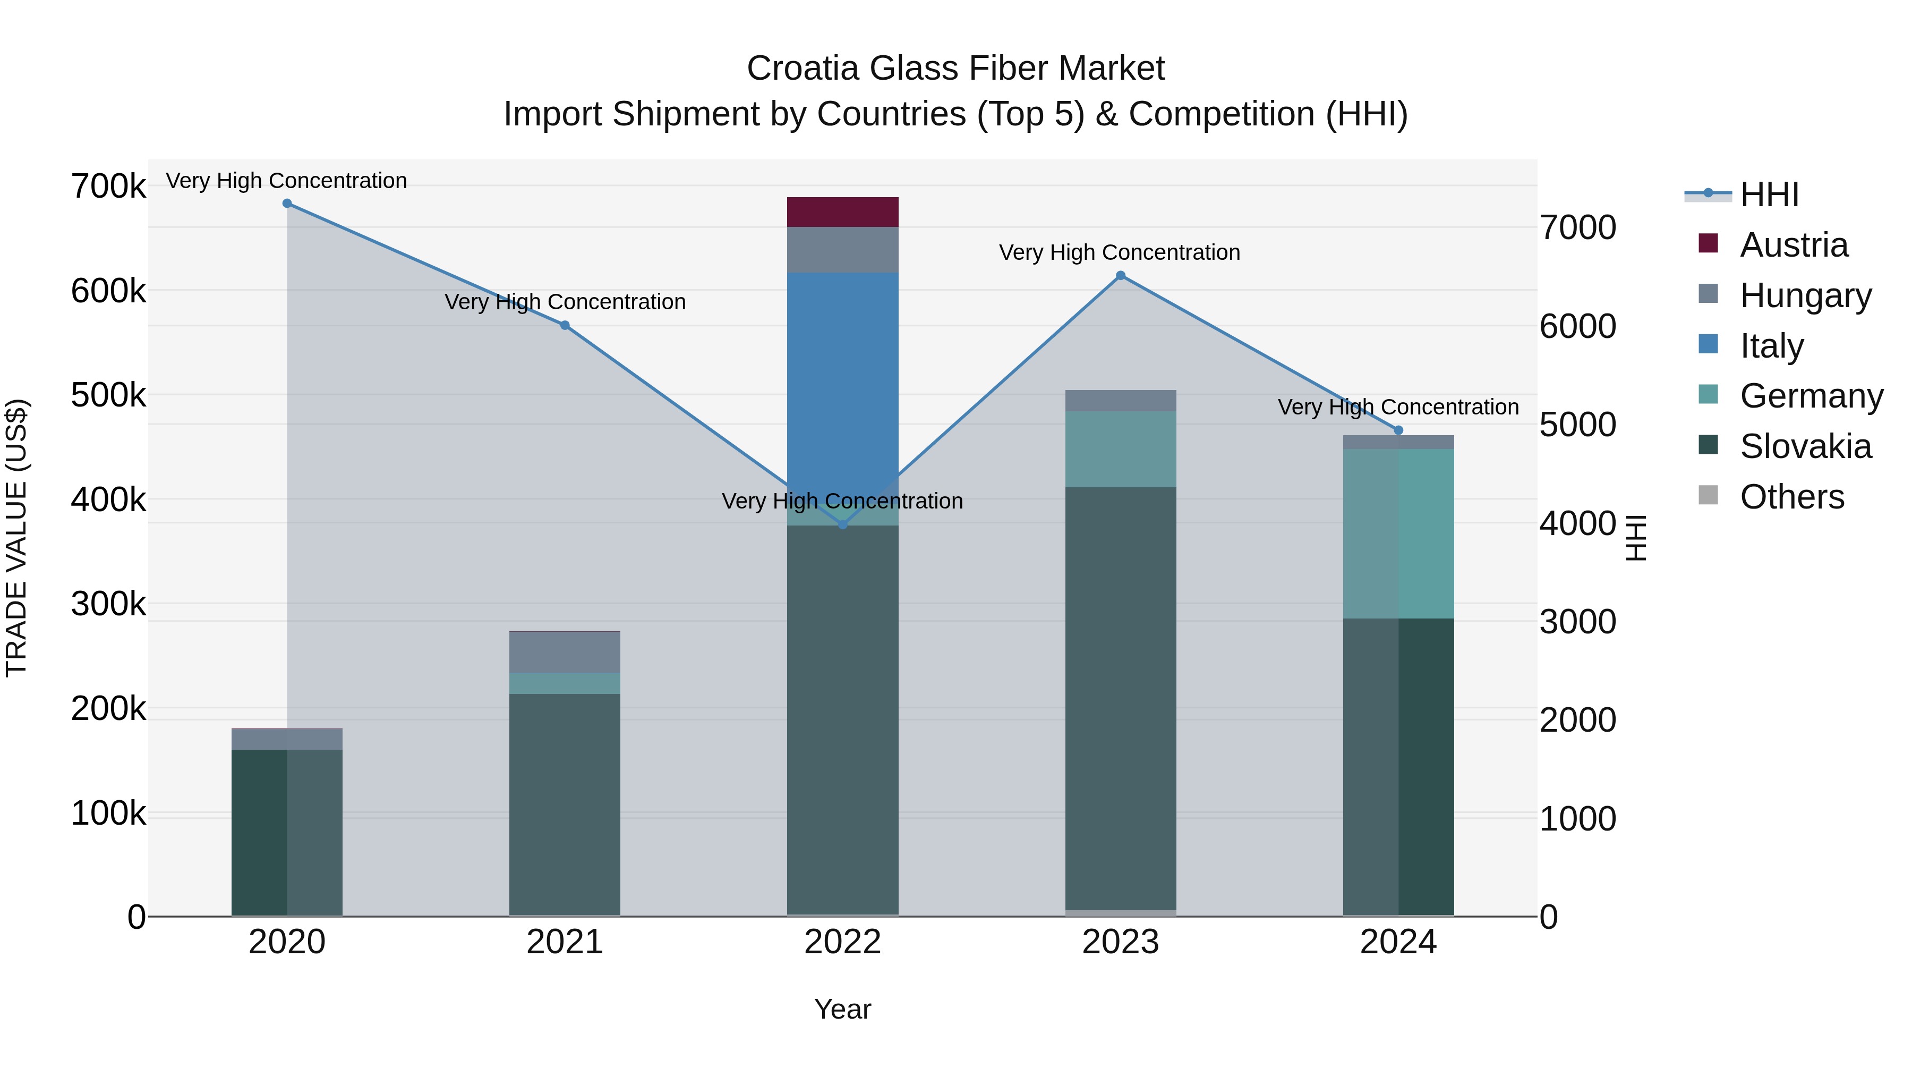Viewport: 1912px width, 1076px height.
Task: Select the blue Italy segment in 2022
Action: coord(842,371)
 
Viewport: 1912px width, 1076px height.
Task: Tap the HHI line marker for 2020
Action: coord(287,204)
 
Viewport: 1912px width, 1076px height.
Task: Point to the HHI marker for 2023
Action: coord(1121,275)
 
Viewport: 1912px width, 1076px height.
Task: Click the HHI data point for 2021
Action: coord(565,325)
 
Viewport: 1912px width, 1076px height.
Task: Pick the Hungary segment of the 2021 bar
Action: coord(565,653)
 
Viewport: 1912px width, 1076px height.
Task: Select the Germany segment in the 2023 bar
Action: coord(1121,449)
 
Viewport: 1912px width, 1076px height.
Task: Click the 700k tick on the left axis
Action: coord(108,187)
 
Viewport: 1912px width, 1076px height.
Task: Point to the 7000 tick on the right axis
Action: coord(1577,227)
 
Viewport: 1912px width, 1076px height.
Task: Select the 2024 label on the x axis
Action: coord(1398,942)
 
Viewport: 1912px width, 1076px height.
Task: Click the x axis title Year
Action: coord(842,1009)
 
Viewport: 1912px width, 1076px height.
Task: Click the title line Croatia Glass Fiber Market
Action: coord(955,69)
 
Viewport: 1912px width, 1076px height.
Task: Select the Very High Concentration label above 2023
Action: coord(1119,252)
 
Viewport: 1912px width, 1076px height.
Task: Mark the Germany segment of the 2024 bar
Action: coord(1398,533)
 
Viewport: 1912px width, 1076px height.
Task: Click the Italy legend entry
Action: coord(1771,346)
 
